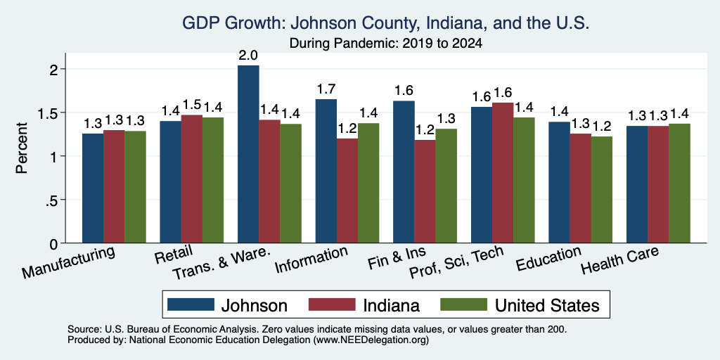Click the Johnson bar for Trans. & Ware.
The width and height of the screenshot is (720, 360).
coord(248,154)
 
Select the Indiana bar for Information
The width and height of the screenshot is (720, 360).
coord(347,191)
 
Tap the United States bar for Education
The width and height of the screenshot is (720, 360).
coord(602,190)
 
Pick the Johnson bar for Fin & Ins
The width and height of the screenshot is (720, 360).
coord(404,172)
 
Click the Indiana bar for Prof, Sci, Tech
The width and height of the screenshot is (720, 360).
coord(502,173)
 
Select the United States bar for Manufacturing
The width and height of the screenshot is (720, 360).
coord(135,187)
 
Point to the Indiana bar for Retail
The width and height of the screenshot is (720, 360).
coord(191,179)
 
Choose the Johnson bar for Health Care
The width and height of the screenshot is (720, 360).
coord(637,184)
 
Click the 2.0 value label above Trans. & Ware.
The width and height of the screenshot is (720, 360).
coord(248,56)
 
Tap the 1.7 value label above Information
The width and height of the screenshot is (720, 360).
coord(326,89)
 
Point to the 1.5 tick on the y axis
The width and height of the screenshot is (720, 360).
coord(64,112)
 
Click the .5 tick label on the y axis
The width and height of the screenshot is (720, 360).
coord(52,200)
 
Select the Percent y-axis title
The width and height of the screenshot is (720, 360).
coord(22,148)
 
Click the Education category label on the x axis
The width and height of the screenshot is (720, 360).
coord(548,259)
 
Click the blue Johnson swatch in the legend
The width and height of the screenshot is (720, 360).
coord(191,304)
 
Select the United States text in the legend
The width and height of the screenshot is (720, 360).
coord(547,305)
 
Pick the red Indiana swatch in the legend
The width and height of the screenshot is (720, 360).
coord(332,304)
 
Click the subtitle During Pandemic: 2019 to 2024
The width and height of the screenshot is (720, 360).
coord(386,44)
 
